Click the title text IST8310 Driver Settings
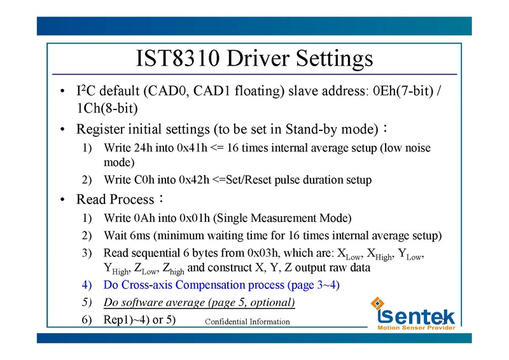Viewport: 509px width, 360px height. point(254,59)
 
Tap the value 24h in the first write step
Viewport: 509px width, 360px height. point(144,148)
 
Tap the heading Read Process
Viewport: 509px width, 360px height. point(115,200)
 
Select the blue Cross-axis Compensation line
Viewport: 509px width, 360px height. point(221,285)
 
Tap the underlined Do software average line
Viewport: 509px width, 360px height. point(199,301)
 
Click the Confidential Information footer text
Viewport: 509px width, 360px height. point(247,322)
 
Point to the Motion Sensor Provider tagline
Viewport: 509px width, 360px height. point(417,328)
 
